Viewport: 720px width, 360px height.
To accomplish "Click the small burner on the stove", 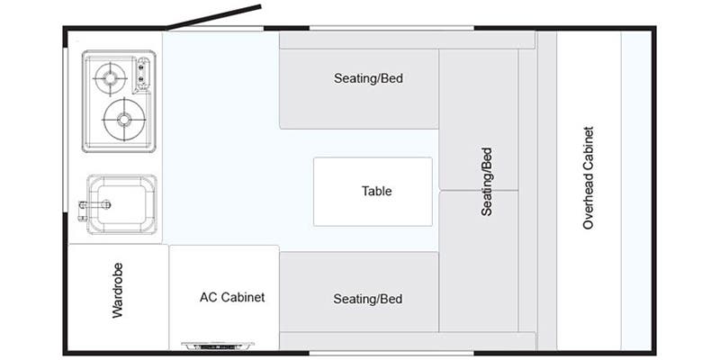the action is click(x=110, y=78).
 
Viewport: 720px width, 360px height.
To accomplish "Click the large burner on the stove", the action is click(x=124, y=120).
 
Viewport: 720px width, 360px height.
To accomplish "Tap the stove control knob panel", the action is click(x=143, y=75).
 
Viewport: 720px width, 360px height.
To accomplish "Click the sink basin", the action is click(x=121, y=204).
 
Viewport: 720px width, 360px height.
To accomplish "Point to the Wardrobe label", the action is click(x=118, y=290).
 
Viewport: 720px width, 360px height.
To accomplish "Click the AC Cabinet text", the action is click(x=232, y=297).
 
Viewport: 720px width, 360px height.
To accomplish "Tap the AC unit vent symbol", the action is click(x=218, y=345).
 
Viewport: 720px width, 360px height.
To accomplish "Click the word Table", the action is click(x=377, y=191).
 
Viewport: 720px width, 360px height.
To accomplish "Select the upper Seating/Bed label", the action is click(x=368, y=78).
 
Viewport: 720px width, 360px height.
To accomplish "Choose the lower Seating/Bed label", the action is click(x=368, y=299).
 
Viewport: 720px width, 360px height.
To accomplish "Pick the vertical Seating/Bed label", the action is click(x=487, y=182).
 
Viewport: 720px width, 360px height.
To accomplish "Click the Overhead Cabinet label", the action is click(x=589, y=177).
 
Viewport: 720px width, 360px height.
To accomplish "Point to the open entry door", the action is click(x=214, y=17).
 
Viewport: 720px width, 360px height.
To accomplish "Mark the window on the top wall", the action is click(x=391, y=28).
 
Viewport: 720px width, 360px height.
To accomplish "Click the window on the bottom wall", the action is click(x=391, y=353).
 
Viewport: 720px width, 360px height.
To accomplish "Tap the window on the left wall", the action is click(x=66, y=130).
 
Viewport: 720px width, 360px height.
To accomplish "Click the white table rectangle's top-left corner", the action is click(x=314, y=158).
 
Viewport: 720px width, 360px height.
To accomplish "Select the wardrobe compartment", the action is click(x=118, y=297).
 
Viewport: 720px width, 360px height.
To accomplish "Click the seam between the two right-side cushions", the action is click(x=479, y=190).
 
